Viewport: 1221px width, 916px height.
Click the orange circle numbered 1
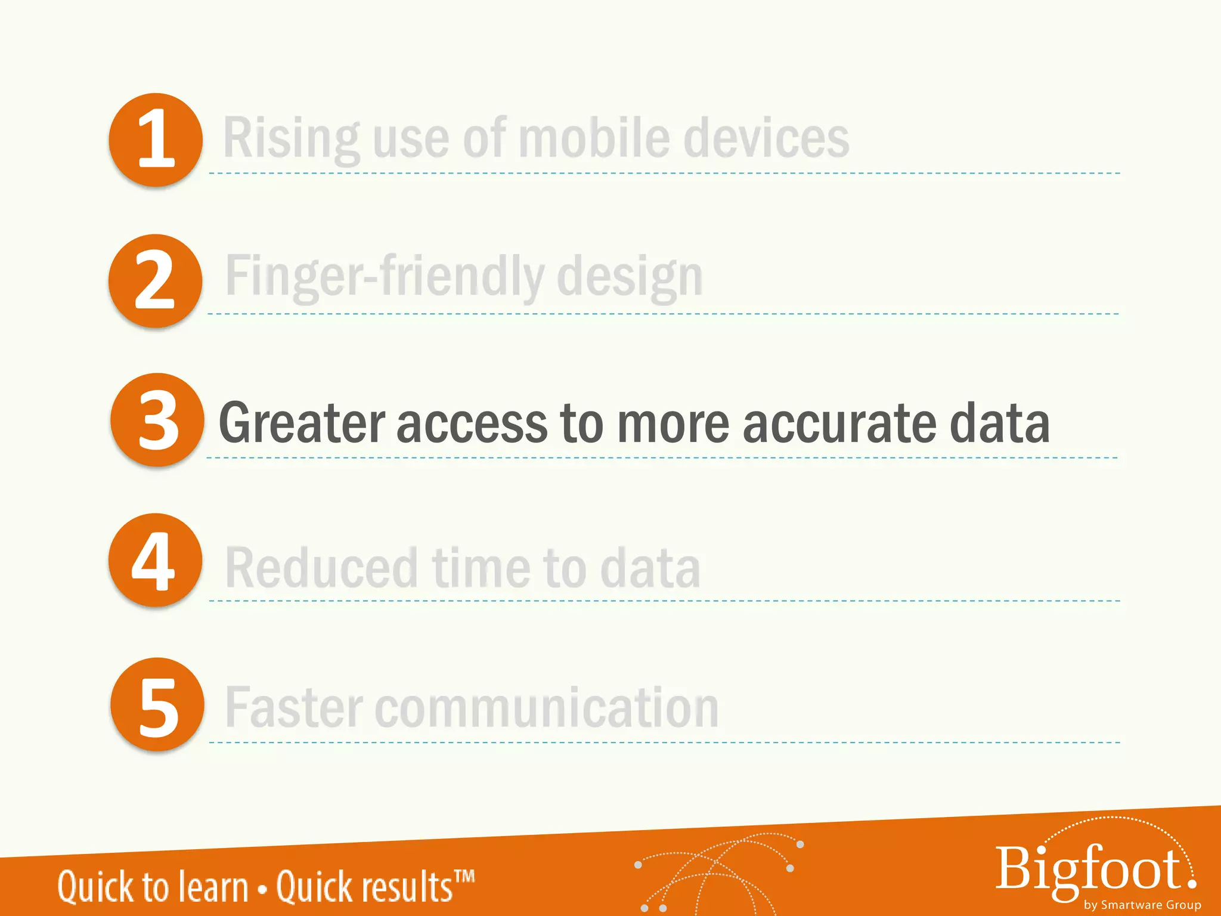(x=156, y=140)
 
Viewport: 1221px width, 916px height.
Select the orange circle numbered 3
(x=157, y=420)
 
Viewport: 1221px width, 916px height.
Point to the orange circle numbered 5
(x=157, y=704)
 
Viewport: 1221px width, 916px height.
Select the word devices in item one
(x=766, y=138)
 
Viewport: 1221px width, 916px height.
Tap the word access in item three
(x=472, y=423)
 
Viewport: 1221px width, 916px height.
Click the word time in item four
(x=481, y=568)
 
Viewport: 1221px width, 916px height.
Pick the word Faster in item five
(x=294, y=707)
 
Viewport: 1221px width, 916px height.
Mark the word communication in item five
(x=547, y=707)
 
